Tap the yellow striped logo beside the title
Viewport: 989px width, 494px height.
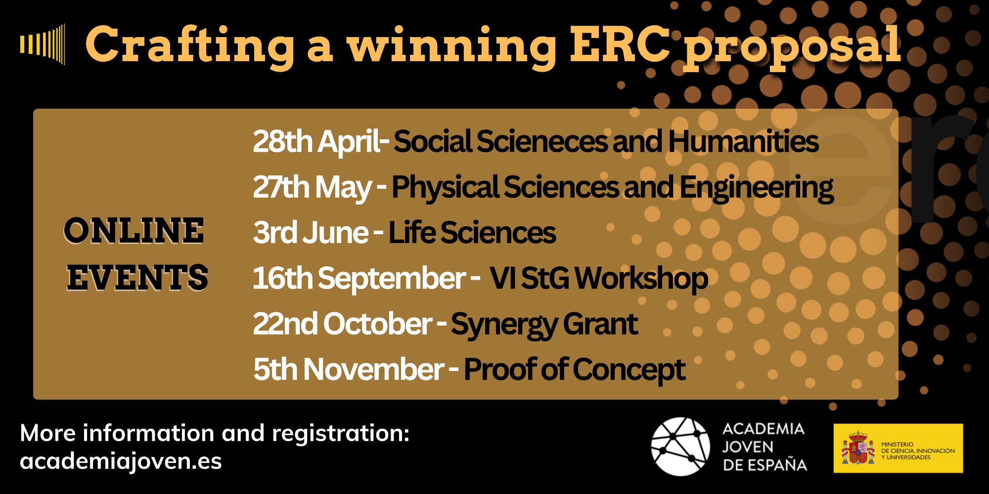pyautogui.click(x=43, y=44)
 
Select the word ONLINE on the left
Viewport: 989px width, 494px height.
pyautogui.click(x=134, y=231)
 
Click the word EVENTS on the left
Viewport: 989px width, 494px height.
pyautogui.click(x=137, y=277)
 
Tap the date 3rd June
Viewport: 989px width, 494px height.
pyautogui.click(x=311, y=233)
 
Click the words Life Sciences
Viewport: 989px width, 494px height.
pyautogui.click(x=472, y=233)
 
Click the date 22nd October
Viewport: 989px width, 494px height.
pyautogui.click(x=343, y=324)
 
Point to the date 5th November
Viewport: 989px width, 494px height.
pyautogui.click(x=349, y=370)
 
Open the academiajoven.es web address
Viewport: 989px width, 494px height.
pyautogui.click(x=121, y=461)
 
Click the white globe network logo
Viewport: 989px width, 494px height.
pyautogui.click(x=680, y=447)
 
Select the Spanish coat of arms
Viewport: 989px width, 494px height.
pyautogui.click(x=857, y=448)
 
